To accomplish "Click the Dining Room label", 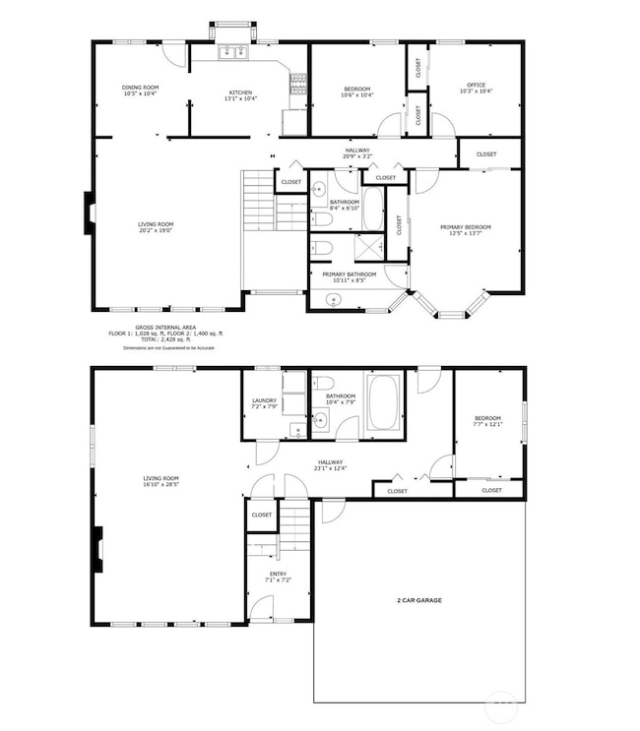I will pos(140,88).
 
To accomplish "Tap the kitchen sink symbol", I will pos(232,52).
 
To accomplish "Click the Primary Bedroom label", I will pos(465,227).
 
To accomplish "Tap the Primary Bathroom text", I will pos(347,274).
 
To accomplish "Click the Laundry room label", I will pos(264,400).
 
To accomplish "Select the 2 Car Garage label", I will pos(418,599).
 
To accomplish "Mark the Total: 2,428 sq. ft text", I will pos(165,339).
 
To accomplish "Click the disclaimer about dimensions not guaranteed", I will pos(167,348).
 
